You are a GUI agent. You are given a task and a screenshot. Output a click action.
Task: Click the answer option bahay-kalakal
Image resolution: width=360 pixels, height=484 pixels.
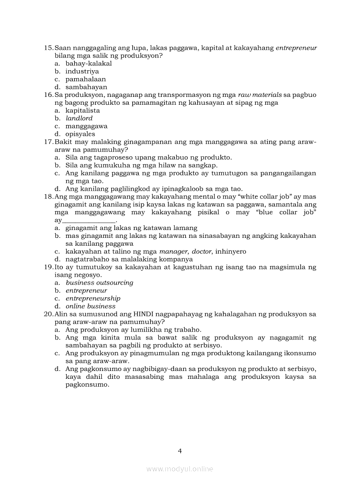point(89,63)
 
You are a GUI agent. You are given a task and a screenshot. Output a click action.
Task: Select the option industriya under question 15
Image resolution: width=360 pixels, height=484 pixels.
point(82,71)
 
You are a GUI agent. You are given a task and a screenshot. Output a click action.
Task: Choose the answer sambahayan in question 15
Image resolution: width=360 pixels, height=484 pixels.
point(86,87)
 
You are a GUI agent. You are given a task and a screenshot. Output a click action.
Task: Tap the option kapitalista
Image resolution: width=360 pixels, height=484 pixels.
point(82,110)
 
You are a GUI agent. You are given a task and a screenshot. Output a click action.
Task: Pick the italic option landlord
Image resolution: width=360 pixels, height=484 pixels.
point(79,118)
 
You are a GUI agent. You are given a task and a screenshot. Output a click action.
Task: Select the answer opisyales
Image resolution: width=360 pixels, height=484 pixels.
point(80,134)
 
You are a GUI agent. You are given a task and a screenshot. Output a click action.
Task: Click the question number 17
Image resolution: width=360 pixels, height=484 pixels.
point(48,142)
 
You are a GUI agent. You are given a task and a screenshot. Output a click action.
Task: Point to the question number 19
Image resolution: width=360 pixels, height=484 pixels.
point(48,267)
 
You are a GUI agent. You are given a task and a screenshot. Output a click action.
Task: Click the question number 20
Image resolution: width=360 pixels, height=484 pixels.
point(48,314)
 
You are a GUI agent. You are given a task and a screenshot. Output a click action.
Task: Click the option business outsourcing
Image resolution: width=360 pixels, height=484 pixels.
point(99,283)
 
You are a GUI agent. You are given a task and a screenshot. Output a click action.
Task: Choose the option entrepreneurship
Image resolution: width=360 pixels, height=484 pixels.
point(93,299)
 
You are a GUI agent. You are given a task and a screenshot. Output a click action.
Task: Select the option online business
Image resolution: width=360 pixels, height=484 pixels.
point(90,306)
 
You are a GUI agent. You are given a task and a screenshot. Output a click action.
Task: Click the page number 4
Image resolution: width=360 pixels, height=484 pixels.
point(180,450)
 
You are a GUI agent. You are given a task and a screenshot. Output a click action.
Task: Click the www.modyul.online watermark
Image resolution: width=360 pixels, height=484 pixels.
point(180,469)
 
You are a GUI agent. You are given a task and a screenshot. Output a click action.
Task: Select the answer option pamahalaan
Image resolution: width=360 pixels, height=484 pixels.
point(86,79)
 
